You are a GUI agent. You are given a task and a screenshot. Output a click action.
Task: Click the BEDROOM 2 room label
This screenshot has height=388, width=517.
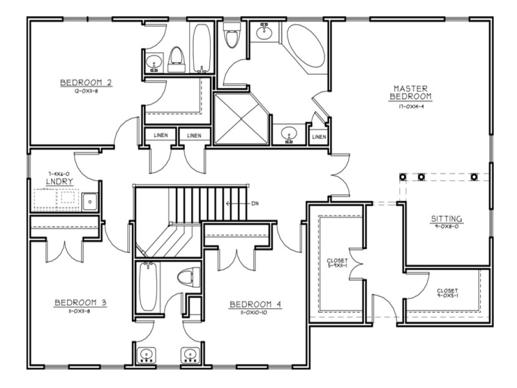[x=86, y=82]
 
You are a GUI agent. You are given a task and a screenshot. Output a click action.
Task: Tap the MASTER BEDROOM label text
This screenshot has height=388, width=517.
[x=412, y=92]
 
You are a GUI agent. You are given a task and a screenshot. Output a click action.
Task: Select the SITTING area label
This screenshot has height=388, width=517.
[x=447, y=219]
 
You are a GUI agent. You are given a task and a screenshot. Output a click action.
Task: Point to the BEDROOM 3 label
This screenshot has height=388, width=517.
[x=80, y=303]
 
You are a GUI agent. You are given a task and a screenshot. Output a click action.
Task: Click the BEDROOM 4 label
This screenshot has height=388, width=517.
[x=255, y=305]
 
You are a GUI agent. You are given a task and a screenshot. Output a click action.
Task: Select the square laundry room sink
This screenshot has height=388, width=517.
[x=90, y=202]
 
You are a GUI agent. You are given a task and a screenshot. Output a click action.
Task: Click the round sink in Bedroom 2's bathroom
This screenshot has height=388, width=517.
[x=153, y=63]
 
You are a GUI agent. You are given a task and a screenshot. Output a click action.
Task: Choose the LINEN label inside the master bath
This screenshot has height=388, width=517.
[x=319, y=137]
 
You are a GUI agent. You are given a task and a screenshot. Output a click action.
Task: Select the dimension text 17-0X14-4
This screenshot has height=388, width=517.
[x=412, y=107]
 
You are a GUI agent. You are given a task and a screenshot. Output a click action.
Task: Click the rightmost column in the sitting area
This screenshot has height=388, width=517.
[x=474, y=177]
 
